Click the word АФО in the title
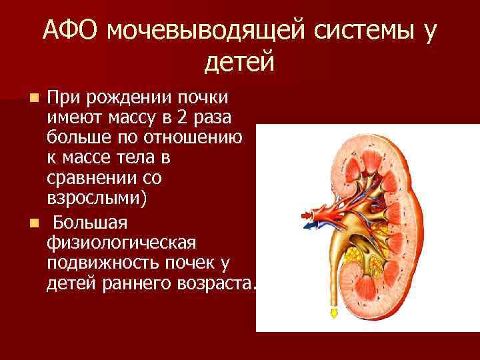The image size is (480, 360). coord(71,30)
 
